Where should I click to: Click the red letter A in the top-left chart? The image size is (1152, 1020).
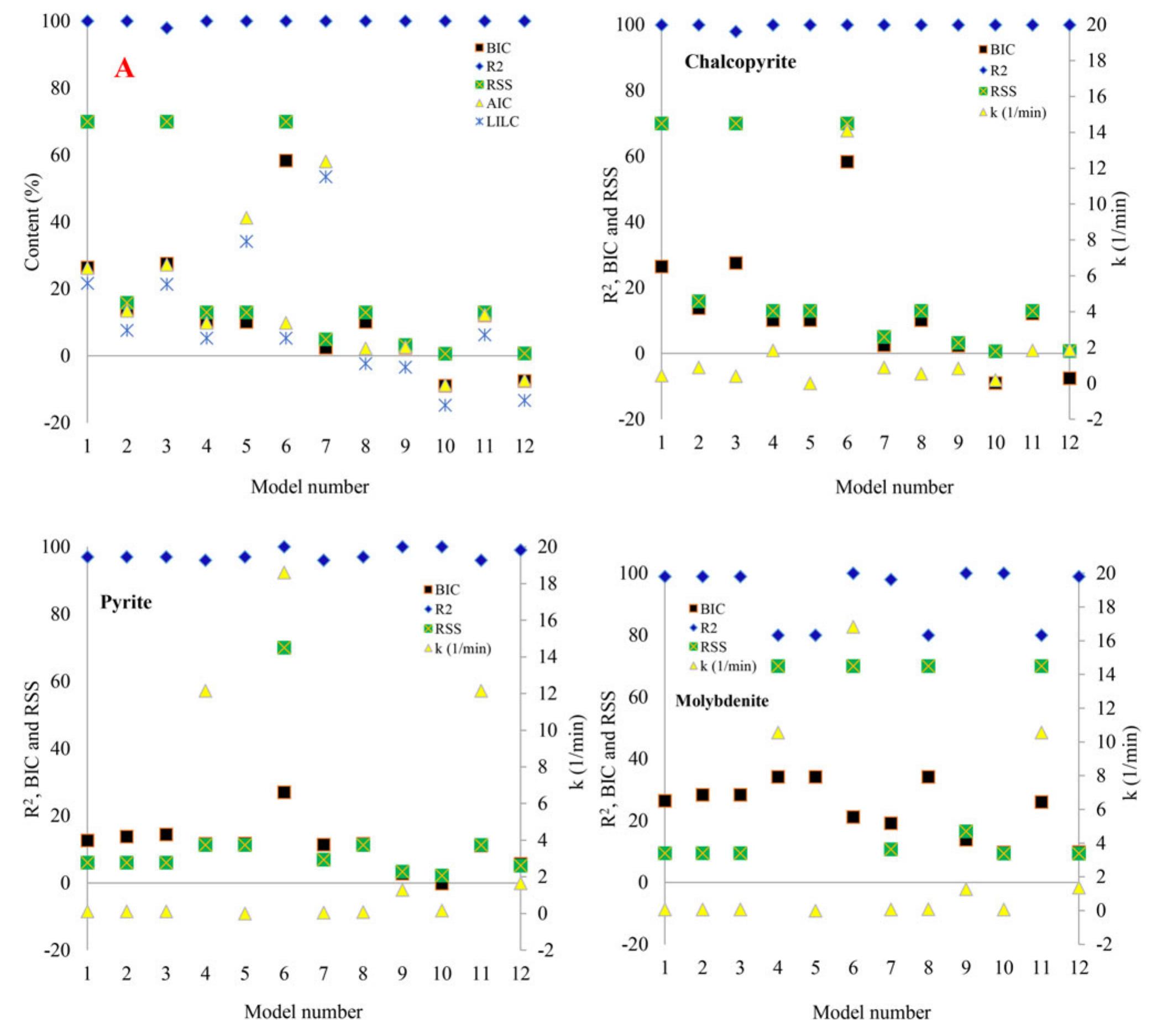point(124,69)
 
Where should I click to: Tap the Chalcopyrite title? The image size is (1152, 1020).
point(740,61)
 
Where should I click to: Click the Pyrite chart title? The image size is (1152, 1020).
point(125,603)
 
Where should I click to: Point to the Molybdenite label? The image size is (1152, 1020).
point(722,701)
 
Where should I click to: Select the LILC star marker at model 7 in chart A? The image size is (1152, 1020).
point(325,177)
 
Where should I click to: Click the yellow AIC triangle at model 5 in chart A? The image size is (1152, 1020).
point(247,217)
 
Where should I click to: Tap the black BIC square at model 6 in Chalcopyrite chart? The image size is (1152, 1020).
point(846,163)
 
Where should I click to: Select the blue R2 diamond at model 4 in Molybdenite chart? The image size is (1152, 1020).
point(778,636)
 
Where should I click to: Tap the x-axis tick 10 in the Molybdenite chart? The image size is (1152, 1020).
point(1003,967)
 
